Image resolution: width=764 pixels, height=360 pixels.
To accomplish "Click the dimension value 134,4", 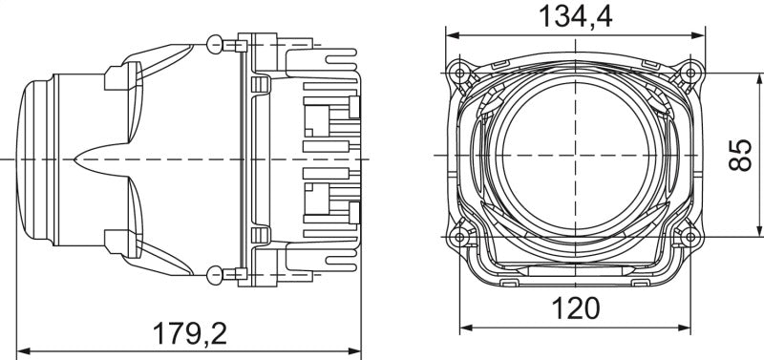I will (576, 17).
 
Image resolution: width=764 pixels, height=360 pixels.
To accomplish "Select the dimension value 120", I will (575, 308).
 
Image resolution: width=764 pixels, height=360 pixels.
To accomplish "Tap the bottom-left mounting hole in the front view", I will (461, 235).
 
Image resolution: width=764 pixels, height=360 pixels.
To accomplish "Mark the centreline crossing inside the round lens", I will (576, 154).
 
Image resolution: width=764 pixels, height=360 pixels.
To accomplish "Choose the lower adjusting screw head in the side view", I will (215, 276).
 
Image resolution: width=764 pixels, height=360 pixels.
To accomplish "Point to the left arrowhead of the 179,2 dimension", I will (23, 351).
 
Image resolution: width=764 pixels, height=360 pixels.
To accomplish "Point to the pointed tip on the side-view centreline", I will (75, 156).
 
